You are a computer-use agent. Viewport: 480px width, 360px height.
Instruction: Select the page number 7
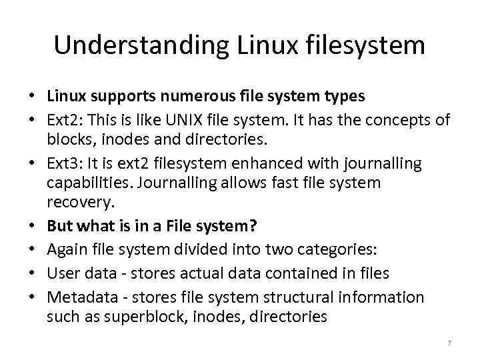[449, 343]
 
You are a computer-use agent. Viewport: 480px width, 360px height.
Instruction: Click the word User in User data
[63, 273]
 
